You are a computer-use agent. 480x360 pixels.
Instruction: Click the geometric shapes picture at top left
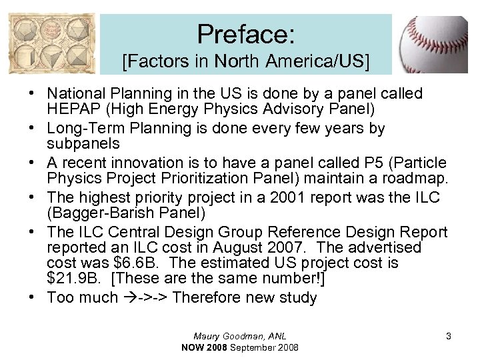coord(51,46)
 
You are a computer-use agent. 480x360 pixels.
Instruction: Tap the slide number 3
coord(449,336)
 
